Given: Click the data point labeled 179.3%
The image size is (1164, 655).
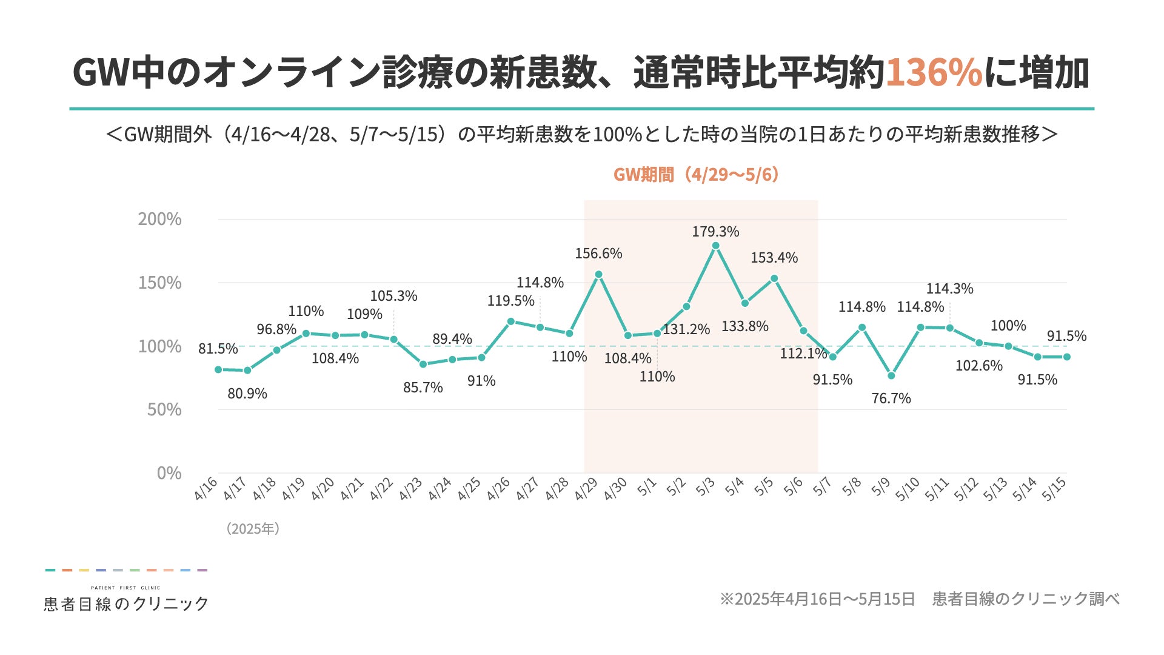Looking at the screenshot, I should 715,246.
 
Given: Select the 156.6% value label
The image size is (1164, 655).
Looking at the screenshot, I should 598,254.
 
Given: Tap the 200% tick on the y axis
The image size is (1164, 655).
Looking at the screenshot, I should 159,219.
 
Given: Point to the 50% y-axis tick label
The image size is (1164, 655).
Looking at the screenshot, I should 164,409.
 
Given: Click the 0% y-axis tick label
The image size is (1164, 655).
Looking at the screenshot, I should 169,473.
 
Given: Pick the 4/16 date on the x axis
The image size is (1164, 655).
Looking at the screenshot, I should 206,489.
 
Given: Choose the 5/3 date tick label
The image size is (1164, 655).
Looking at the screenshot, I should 705,487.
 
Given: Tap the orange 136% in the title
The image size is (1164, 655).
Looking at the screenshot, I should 934,73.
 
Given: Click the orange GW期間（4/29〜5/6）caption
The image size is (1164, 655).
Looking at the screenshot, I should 696,175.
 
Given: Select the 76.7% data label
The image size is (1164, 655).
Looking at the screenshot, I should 891,398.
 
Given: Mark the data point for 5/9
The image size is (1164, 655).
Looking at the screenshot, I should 891,376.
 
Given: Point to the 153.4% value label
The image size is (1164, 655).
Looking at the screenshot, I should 774,258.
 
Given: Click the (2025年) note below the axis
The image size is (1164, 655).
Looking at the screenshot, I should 253,529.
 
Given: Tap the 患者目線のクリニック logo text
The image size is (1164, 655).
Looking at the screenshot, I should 126,603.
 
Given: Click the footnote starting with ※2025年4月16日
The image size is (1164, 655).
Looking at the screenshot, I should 919,599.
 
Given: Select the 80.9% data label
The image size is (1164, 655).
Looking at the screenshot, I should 247,394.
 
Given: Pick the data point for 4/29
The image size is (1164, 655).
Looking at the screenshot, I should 598,274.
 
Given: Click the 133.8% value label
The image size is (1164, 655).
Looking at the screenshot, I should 744,326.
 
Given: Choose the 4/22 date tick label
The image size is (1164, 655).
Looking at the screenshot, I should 381,489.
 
